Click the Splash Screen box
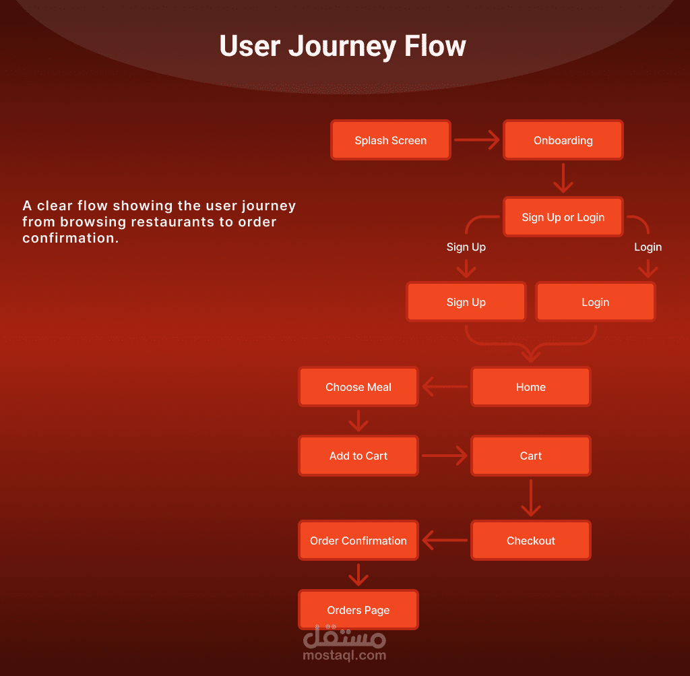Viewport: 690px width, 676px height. click(390, 140)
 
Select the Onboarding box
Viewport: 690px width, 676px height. click(563, 140)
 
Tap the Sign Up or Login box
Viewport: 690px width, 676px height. click(563, 217)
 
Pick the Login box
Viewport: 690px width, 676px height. click(595, 302)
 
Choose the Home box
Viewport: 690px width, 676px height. click(530, 387)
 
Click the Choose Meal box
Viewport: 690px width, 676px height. click(358, 387)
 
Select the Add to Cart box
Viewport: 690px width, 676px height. click(358, 456)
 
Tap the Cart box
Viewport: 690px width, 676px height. click(530, 456)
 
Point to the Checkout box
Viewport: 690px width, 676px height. click(530, 541)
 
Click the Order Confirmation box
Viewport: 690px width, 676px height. click(358, 541)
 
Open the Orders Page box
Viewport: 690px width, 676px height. click(358, 610)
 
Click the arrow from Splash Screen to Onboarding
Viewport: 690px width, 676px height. click(476, 140)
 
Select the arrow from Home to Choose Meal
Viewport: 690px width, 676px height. click(445, 387)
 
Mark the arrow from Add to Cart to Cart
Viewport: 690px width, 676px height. click(445, 456)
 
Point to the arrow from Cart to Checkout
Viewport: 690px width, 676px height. click(531, 498)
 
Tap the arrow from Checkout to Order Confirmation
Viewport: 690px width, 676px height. click(445, 541)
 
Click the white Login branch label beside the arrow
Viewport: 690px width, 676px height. click(648, 247)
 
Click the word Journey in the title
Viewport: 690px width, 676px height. click(342, 46)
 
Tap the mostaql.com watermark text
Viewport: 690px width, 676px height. click(344, 654)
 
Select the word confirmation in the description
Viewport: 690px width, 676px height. click(70, 238)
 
